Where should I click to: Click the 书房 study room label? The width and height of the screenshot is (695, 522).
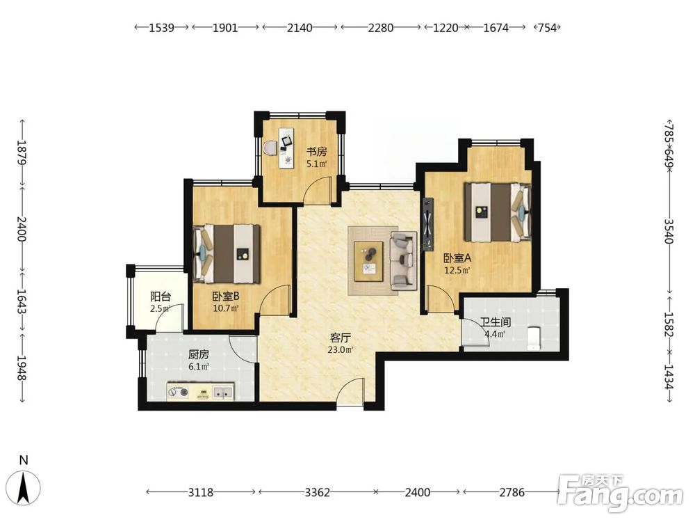click(x=316, y=152)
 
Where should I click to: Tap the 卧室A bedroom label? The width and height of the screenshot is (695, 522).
click(x=457, y=258)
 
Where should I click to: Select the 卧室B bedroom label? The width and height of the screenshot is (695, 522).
click(x=226, y=296)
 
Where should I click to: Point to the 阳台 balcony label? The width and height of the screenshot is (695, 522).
click(x=161, y=296)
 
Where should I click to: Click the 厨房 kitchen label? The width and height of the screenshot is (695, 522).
click(x=199, y=355)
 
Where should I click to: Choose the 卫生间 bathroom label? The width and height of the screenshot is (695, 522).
click(x=495, y=322)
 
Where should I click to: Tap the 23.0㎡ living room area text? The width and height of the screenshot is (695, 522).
click(x=341, y=349)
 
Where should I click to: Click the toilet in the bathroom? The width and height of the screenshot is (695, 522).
click(x=534, y=338)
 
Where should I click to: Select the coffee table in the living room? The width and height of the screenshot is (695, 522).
click(x=369, y=261)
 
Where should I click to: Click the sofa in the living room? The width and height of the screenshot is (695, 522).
click(x=403, y=260)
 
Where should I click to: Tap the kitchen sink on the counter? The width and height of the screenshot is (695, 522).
click(x=223, y=392)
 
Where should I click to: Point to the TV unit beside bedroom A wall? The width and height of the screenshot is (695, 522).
click(x=427, y=223)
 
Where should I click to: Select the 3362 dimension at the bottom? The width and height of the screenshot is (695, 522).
click(x=318, y=492)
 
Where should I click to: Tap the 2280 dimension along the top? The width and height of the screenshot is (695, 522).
click(x=380, y=28)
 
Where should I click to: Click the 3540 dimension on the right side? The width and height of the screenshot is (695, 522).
click(x=669, y=231)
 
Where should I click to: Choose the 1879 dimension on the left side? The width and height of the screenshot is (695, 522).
click(x=22, y=152)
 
